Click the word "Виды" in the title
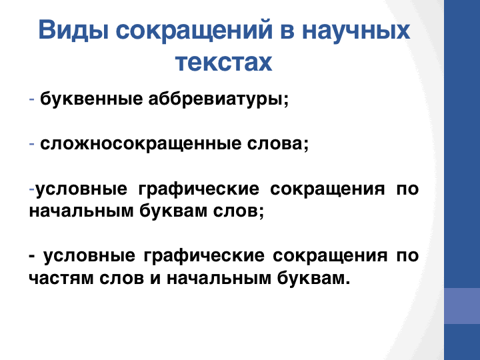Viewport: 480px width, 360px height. click(73, 30)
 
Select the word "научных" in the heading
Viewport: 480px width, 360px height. click(356, 30)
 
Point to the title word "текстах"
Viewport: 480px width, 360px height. click(224, 62)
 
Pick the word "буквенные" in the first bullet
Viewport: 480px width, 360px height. click(91, 99)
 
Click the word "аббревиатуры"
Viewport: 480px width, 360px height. click(218, 99)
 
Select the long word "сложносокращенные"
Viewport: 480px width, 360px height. click(141, 144)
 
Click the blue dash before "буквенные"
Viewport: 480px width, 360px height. click(31, 99)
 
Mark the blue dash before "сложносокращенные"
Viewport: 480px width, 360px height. click(31, 144)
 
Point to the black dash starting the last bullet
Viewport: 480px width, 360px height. click(31, 255)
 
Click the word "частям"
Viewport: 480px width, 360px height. click(61, 277)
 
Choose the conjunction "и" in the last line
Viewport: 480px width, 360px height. click(155, 278)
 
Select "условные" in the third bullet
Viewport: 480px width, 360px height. click(81, 189)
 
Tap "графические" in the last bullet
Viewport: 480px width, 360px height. click(204, 256)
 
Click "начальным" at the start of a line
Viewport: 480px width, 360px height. click(81, 211)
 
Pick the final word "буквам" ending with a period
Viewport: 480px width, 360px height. click(313, 277)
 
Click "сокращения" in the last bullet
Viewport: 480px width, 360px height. click(330, 257)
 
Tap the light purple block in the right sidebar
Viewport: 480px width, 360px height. click(462, 306)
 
